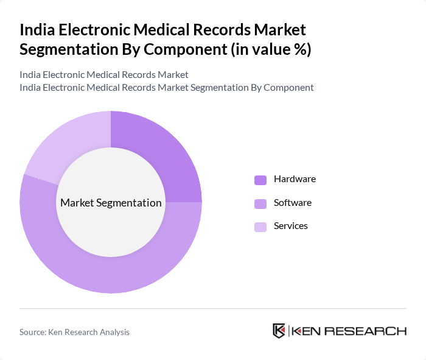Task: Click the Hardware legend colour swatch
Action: (260, 180)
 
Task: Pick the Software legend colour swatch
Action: (260, 203)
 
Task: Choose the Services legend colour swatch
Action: (260, 227)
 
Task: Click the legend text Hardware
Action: (295, 179)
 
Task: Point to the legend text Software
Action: (293, 202)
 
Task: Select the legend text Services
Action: (291, 225)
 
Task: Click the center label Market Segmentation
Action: (111, 203)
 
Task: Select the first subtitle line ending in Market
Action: (104, 74)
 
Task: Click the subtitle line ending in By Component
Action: (167, 87)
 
